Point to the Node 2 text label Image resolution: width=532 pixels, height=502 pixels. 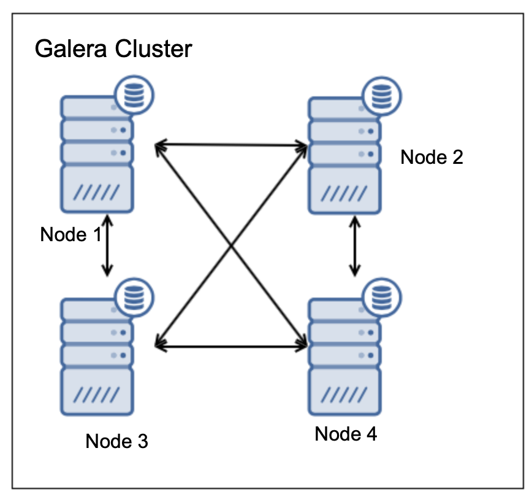pos(431,157)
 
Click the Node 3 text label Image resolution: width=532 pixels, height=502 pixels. pos(116,441)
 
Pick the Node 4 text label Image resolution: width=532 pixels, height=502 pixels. pos(346,434)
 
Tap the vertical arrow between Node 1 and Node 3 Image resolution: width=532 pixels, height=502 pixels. pos(108,245)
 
